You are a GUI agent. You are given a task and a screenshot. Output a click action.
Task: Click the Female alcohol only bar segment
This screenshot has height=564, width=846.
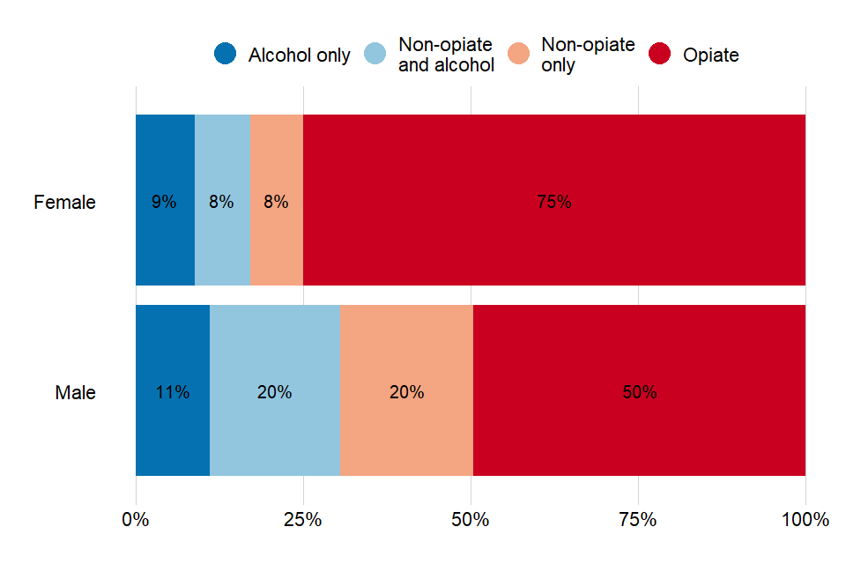[165, 167]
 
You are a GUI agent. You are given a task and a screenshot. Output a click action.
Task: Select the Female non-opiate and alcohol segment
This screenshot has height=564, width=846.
[222, 167]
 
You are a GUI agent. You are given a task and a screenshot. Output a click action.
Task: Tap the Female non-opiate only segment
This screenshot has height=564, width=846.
[276, 167]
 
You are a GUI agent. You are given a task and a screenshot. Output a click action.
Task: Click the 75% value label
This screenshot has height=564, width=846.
[554, 201]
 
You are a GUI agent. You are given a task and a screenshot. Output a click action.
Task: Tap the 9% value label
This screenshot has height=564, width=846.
[164, 201]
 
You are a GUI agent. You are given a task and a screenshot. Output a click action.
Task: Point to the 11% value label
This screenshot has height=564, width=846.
[173, 392]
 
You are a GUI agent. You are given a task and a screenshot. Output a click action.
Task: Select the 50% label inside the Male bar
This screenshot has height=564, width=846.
[640, 392]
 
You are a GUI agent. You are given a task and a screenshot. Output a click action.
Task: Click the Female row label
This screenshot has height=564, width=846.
[64, 202]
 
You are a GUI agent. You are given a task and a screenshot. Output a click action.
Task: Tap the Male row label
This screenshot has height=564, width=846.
[75, 392]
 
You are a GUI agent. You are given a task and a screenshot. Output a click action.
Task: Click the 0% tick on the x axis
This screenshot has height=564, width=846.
[136, 520]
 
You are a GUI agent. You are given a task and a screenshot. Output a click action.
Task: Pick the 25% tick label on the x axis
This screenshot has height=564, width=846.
[303, 520]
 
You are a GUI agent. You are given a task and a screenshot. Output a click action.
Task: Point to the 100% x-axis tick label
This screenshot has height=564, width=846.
[805, 520]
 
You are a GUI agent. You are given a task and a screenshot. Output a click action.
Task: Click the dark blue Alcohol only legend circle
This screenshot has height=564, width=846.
[226, 54]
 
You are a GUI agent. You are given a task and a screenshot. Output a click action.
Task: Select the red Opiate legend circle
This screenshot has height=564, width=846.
[659, 54]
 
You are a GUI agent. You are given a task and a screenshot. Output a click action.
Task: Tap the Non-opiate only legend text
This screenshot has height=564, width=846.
[588, 55]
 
